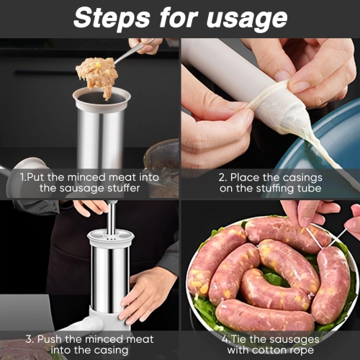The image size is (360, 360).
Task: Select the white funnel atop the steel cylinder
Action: click(102, 97)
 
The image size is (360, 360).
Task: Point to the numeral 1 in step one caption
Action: click(24, 176)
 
